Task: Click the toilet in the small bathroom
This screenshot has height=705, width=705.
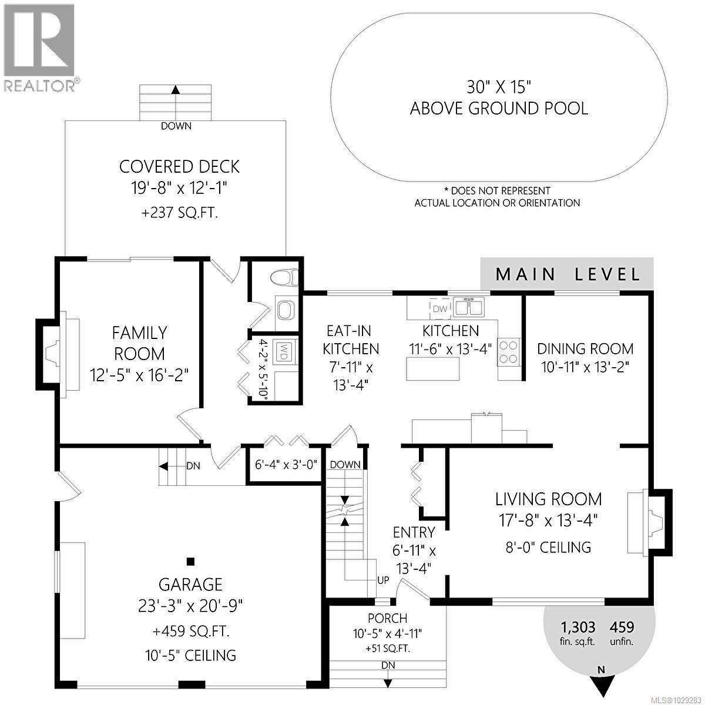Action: pos(288,276)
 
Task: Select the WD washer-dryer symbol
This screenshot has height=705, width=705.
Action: pos(283,352)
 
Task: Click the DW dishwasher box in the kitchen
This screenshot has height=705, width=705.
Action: pos(439,308)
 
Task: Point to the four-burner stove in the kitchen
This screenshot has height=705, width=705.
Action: pos(509,351)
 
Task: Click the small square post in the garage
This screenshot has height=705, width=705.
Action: pos(190,561)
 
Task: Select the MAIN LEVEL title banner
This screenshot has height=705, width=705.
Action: pos(567,274)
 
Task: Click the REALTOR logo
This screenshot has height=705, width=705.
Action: pos(39,47)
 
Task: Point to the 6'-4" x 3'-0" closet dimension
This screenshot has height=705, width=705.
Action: pos(286,464)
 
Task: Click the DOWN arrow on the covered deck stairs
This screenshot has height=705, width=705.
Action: pos(175,90)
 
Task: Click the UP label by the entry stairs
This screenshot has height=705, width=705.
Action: pos(383,580)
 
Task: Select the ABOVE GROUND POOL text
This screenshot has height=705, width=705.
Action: pos(499,109)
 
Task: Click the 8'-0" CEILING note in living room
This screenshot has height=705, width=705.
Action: pos(548,548)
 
